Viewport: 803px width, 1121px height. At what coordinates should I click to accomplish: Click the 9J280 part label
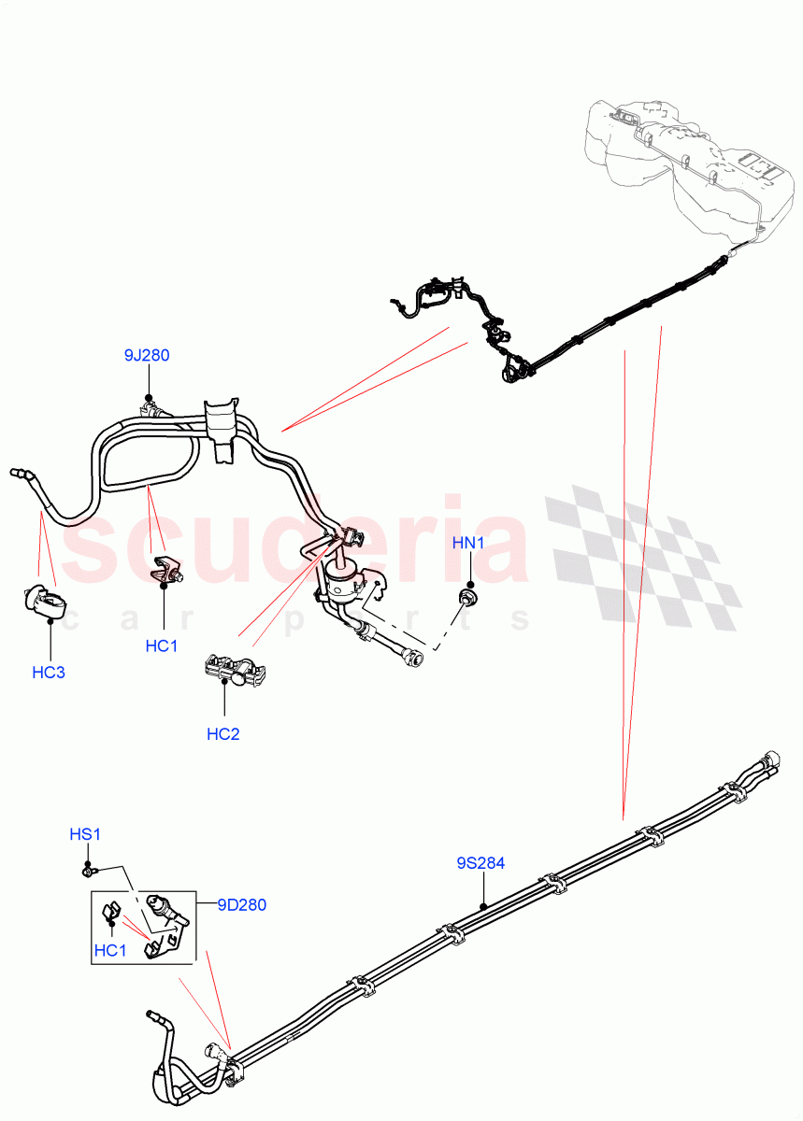(147, 355)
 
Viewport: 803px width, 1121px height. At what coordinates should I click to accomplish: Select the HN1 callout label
(468, 543)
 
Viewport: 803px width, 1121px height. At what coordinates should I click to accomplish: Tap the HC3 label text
(49, 672)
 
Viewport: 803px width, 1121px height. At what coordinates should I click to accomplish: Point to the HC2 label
(223, 733)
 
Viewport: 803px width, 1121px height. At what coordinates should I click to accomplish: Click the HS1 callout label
(85, 834)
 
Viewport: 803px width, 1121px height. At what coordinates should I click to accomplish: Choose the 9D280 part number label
(242, 904)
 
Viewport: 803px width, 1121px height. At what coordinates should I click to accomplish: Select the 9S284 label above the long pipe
(480, 863)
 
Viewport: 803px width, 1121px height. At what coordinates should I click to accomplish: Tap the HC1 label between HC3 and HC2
(162, 646)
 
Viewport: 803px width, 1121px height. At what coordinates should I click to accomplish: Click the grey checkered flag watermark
(645, 560)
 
